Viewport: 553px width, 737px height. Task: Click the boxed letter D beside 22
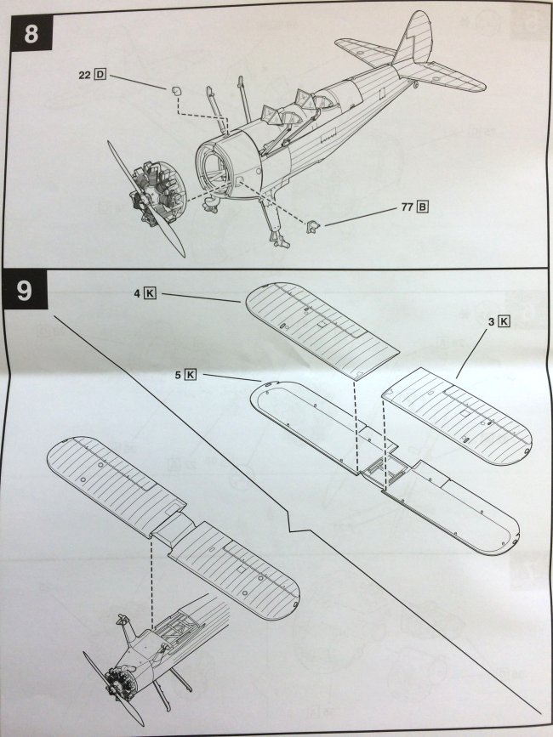(100, 75)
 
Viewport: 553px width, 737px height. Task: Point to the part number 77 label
(408, 207)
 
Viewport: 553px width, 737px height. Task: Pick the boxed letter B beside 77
(423, 207)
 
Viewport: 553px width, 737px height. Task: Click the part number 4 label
(136, 294)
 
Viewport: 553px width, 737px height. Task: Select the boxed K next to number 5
(190, 374)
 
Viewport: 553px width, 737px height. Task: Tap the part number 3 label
(491, 321)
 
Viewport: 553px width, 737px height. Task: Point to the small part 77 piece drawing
(312, 225)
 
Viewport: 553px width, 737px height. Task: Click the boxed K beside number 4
(151, 294)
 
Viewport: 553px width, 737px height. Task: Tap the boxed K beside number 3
(505, 321)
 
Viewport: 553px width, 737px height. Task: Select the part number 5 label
(176, 374)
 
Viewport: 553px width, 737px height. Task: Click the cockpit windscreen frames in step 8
(294, 108)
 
